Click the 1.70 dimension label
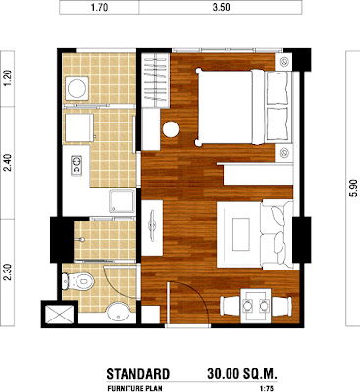tap(99, 8)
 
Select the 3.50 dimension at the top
tap(221, 8)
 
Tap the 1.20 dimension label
tap(7, 77)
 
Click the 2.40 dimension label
tap(7, 163)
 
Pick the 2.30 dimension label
tap(7, 272)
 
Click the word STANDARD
tap(138, 374)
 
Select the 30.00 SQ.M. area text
tap(242, 374)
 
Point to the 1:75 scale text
tap(266, 389)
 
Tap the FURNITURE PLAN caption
tap(134, 389)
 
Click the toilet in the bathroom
tap(77, 281)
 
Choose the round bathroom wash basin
tap(118, 312)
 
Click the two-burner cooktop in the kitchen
tap(77, 166)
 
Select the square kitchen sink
tap(122, 201)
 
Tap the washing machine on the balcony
tap(77, 88)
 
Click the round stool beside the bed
tap(171, 129)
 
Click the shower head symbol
tap(79, 240)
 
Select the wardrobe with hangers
tap(156, 80)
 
